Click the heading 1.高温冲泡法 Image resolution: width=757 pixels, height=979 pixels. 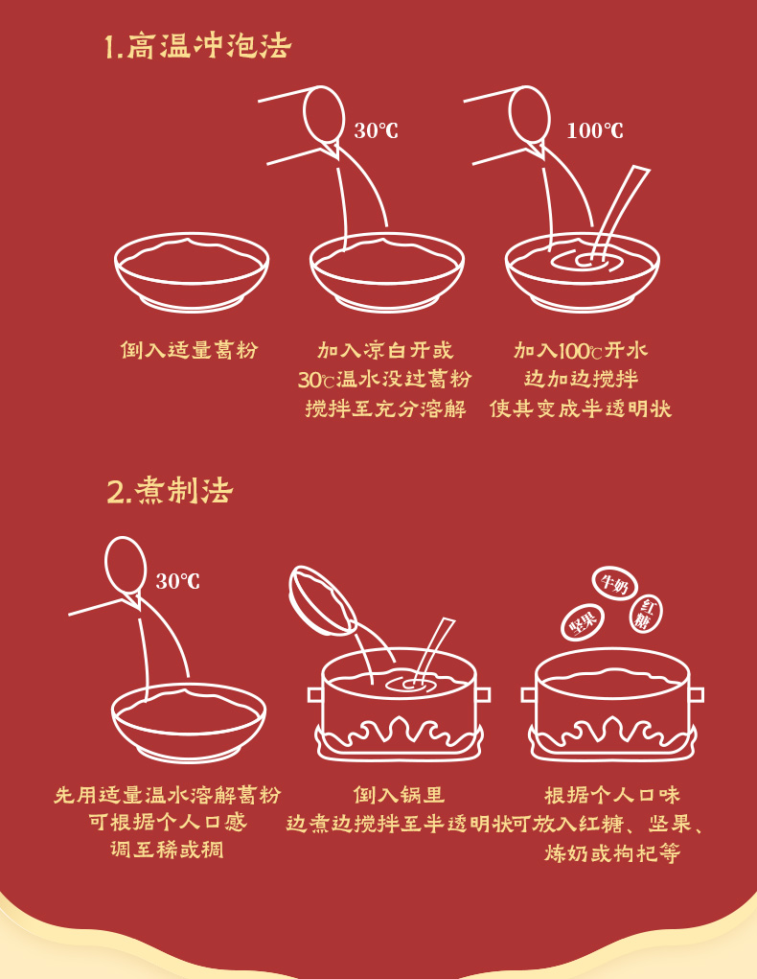[x=197, y=46]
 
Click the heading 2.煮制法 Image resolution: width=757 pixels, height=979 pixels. [x=170, y=492]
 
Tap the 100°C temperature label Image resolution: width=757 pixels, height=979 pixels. [x=594, y=130]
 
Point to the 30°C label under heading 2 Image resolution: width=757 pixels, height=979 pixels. [x=177, y=581]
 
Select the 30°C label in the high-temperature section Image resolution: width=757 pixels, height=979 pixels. [x=376, y=130]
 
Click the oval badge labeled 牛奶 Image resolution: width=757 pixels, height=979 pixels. [x=614, y=583]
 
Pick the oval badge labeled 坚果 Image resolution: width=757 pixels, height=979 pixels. [x=583, y=623]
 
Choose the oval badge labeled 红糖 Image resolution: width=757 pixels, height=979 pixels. [x=647, y=614]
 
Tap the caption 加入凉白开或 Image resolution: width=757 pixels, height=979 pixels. [x=385, y=350]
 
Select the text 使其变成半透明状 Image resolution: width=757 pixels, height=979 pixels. [x=581, y=409]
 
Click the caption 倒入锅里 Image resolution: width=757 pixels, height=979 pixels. [x=399, y=795]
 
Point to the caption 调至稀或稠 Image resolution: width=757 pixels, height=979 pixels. [x=167, y=850]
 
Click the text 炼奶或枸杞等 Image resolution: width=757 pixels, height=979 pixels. [x=612, y=853]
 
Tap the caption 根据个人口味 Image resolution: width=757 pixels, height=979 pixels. [x=612, y=795]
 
